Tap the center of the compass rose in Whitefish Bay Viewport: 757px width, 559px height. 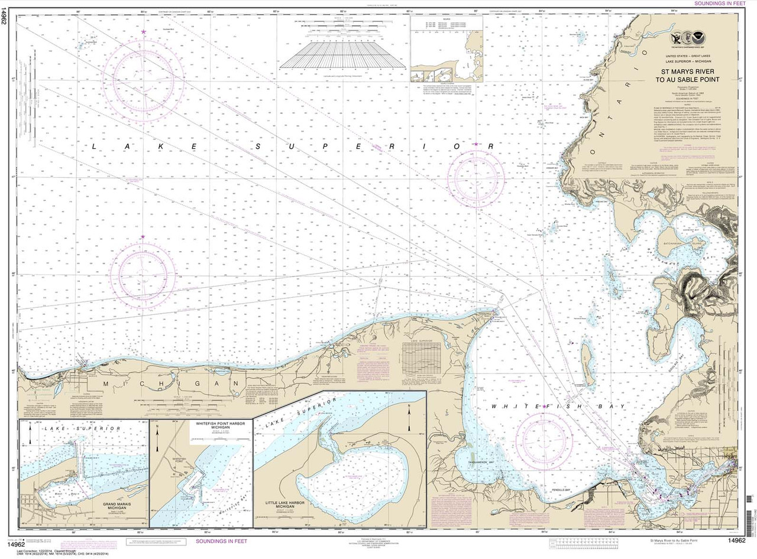[544, 441]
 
